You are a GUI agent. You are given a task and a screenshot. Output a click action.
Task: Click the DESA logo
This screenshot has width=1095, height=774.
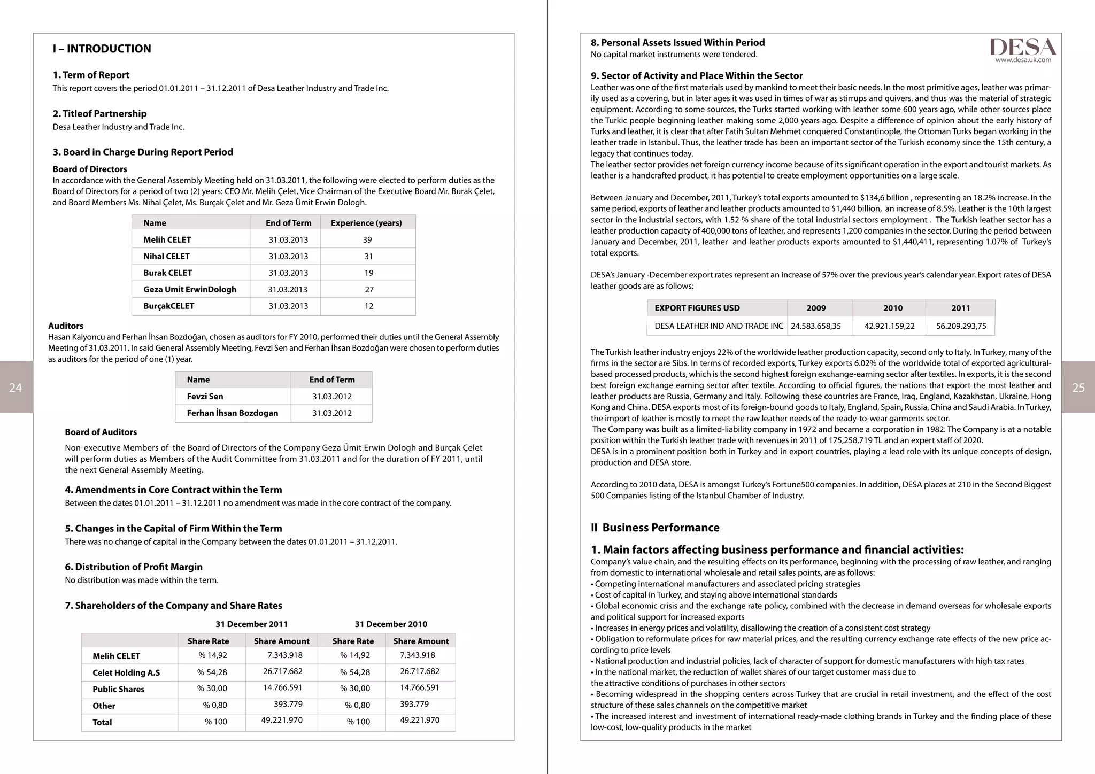coord(1023,47)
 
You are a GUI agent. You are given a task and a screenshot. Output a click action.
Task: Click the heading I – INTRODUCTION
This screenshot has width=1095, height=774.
coord(102,49)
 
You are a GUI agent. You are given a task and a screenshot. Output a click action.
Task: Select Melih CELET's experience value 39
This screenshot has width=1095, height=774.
coord(367,240)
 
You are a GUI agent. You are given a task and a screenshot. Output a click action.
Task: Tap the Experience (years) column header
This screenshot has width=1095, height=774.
coord(366,223)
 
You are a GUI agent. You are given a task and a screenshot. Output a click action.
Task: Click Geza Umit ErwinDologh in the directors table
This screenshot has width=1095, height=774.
coord(190,290)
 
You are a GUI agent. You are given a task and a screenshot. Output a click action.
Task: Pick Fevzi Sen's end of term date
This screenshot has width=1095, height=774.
coord(331,397)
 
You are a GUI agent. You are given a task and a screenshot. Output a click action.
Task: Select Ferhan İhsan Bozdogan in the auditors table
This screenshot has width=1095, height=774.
coord(232,413)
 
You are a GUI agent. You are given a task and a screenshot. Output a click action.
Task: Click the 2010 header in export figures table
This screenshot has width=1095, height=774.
coord(892,308)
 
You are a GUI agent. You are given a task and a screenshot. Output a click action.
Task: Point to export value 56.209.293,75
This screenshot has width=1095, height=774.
coord(961,326)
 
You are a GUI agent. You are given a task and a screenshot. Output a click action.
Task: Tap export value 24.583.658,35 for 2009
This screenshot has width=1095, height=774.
coord(816,326)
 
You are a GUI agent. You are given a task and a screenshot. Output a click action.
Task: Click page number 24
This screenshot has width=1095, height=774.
coord(16,388)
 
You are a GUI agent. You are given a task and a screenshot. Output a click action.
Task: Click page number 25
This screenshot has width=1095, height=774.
coord(1078,388)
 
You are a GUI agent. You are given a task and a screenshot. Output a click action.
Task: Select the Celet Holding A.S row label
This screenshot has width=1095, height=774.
coord(126,673)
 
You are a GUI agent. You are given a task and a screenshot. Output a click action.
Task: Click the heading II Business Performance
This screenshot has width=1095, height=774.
coord(655,528)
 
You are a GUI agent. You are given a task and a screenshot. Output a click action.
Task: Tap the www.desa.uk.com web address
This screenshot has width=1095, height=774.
coord(1023,60)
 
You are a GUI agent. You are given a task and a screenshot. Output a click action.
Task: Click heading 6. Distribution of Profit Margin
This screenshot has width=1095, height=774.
coord(134,567)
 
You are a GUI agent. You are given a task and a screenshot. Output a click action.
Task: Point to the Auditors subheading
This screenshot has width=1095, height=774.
coord(66,326)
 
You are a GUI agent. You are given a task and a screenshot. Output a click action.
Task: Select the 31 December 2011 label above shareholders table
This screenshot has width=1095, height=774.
coord(251,624)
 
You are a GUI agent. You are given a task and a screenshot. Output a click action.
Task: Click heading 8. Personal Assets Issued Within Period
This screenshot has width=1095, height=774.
coord(677,43)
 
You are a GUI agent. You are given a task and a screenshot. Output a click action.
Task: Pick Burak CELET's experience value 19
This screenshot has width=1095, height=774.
coord(368,273)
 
